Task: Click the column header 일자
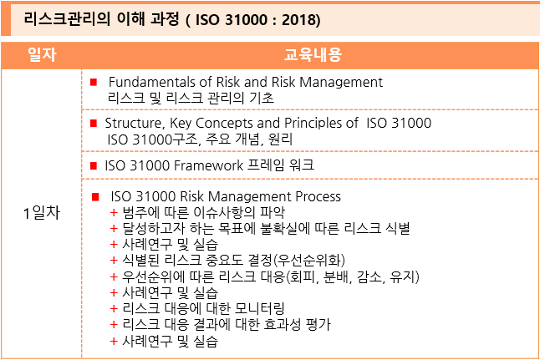point(42,55)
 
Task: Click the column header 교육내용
point(313,55)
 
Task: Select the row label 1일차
point(42,213)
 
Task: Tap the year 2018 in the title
point(299,19)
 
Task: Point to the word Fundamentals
point(151,82)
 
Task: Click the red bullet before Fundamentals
point(94,82)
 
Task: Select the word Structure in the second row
point(133,124)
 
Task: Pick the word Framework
point(209,165)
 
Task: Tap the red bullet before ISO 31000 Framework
point(94,165)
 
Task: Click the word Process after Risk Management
point(318,196)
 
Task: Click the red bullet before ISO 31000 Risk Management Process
point(95,197)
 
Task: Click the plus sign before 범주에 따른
point(114,213)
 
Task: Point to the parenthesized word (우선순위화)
point(309,260)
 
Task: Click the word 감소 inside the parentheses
point(370,276)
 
